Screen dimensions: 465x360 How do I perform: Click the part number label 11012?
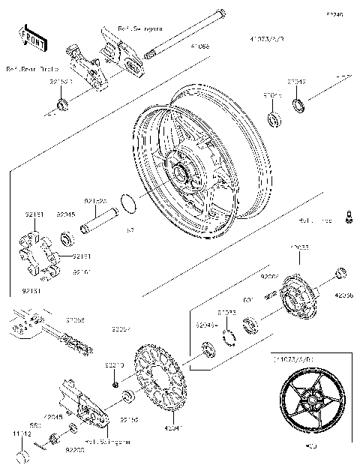[x=21, y=433]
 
